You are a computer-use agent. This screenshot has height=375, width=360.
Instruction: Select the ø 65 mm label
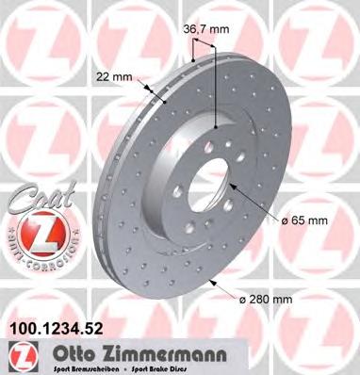tap(306, 220)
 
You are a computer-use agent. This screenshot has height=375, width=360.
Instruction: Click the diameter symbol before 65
tap(284, 220)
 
